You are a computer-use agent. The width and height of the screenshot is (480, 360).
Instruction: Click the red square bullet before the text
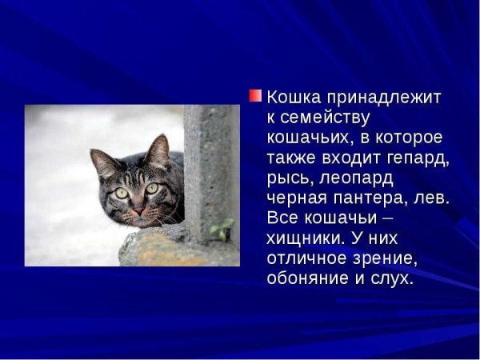click(x=255, y=96)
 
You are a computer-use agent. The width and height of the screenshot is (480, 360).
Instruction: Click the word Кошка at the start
click(x=291, y=98)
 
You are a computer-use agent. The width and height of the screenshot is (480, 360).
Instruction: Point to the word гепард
click(x=415, y=158)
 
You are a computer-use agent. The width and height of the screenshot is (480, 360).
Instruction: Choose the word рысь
click(x=290, y=178)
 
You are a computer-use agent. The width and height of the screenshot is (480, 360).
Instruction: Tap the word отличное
click(x=310, y=258)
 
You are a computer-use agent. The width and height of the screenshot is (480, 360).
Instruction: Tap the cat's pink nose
click(x=138, y=211)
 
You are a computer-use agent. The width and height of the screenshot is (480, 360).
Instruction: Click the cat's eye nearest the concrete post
click(x=151, y=189)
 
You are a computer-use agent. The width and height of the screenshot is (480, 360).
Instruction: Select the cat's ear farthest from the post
click(x=104, y=163)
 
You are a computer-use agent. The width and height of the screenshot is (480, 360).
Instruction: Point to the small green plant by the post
click(x=221, y=230)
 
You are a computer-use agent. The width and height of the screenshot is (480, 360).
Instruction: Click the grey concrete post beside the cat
click(x=210, y=160)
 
